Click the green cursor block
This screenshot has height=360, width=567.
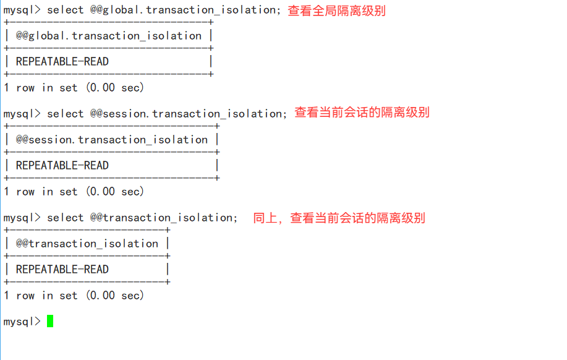pyautogui.click(x=50, y=321)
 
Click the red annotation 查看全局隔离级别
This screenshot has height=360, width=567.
pyautogui.click(x=336, y=11)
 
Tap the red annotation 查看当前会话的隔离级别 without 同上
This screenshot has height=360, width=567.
pyautogui.click(x=362, y=113)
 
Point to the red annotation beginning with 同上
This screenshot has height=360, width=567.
pyautogui.click(x=339, y=218)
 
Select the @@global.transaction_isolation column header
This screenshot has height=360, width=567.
pyautogui.click(x=109, y=36)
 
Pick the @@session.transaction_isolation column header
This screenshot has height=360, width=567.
pyautogui.click(x=112, y=140)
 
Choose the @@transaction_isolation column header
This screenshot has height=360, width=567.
pyautogui.click(x=87, y=244)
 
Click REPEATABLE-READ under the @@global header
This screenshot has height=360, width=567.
pyautogui.click(x=62, y=62)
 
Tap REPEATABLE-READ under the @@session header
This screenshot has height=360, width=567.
pyautogui.click(x=62, y=166)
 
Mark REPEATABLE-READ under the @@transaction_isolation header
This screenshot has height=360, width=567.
pyautogui.click(x=62, y=270)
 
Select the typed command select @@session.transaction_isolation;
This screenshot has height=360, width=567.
pyautogui.click(x=168, y=114)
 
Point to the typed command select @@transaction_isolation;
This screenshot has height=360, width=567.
pyautogui.click(x=142, y=218)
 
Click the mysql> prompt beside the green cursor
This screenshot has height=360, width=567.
pyautogui.click(x=22, y=322)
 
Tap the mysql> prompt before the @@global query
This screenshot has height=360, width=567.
pyautogui.click(x=22, y=10)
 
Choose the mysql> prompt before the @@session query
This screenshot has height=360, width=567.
pyautogui.click(x=22, y=114)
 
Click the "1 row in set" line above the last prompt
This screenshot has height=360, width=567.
pyautogui.click(x=74, y=296)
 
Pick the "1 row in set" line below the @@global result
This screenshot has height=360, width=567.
pyautogui.click(x=74, y=88)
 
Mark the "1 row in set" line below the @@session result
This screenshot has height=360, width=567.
pyautogui.click(x=74, y=192)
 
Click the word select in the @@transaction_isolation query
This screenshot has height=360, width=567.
pyautogui.click(x=65, y=218)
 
